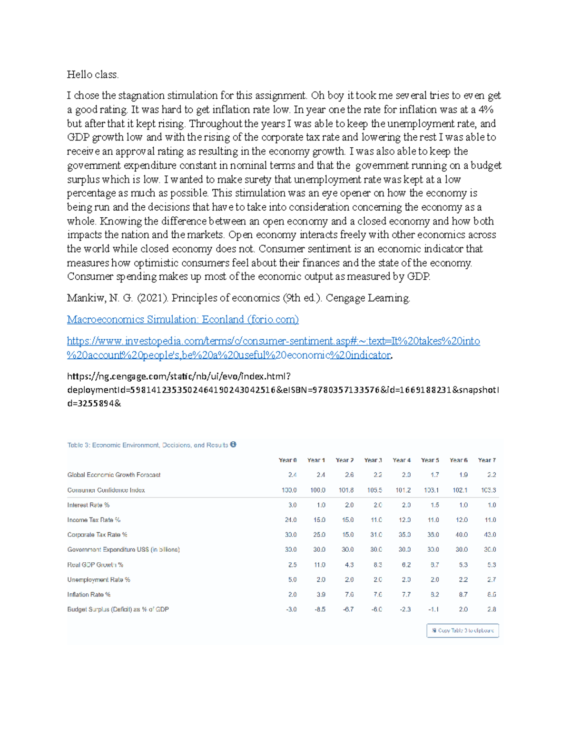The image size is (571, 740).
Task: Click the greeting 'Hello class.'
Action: pyautogui.click(x=93, y=75)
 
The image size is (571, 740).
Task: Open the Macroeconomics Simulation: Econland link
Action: pyautogui.click(x=183, y=320)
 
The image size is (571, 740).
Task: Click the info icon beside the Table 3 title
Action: pyautogui.click(x=233, y=445)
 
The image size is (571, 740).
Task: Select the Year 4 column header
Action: pyautogui.click(x=402, y=460)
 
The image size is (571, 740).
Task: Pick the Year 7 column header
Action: pyautogui.click(x=487, y=460)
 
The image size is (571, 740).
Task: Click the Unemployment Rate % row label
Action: pyautogui.click(x=98, y=580)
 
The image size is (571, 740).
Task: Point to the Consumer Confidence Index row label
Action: pyautogui.click(x=106, y=490)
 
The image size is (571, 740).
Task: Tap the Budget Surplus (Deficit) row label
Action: pyautogui.click(x=118, y=609)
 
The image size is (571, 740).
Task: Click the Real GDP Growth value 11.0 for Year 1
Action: pyautogui.click(x=319, y=565)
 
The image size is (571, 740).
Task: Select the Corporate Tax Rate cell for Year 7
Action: pyautogui.click(x=490, y=535)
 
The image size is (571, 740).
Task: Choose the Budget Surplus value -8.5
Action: pyautogui.click(x=319, y=609)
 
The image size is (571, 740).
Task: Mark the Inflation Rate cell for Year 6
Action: pyautogui.click(x=463, y=595)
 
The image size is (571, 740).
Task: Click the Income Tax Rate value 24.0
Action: pyautogui.click(x=291, y=520)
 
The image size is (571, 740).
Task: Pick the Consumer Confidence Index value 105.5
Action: pyautogui.click(x=374, y=490)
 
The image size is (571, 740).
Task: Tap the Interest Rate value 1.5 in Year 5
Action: pyautogui.click(x=434, y=505)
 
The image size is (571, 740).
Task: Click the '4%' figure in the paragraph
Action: pyautogui.click(x=486, y=110)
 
